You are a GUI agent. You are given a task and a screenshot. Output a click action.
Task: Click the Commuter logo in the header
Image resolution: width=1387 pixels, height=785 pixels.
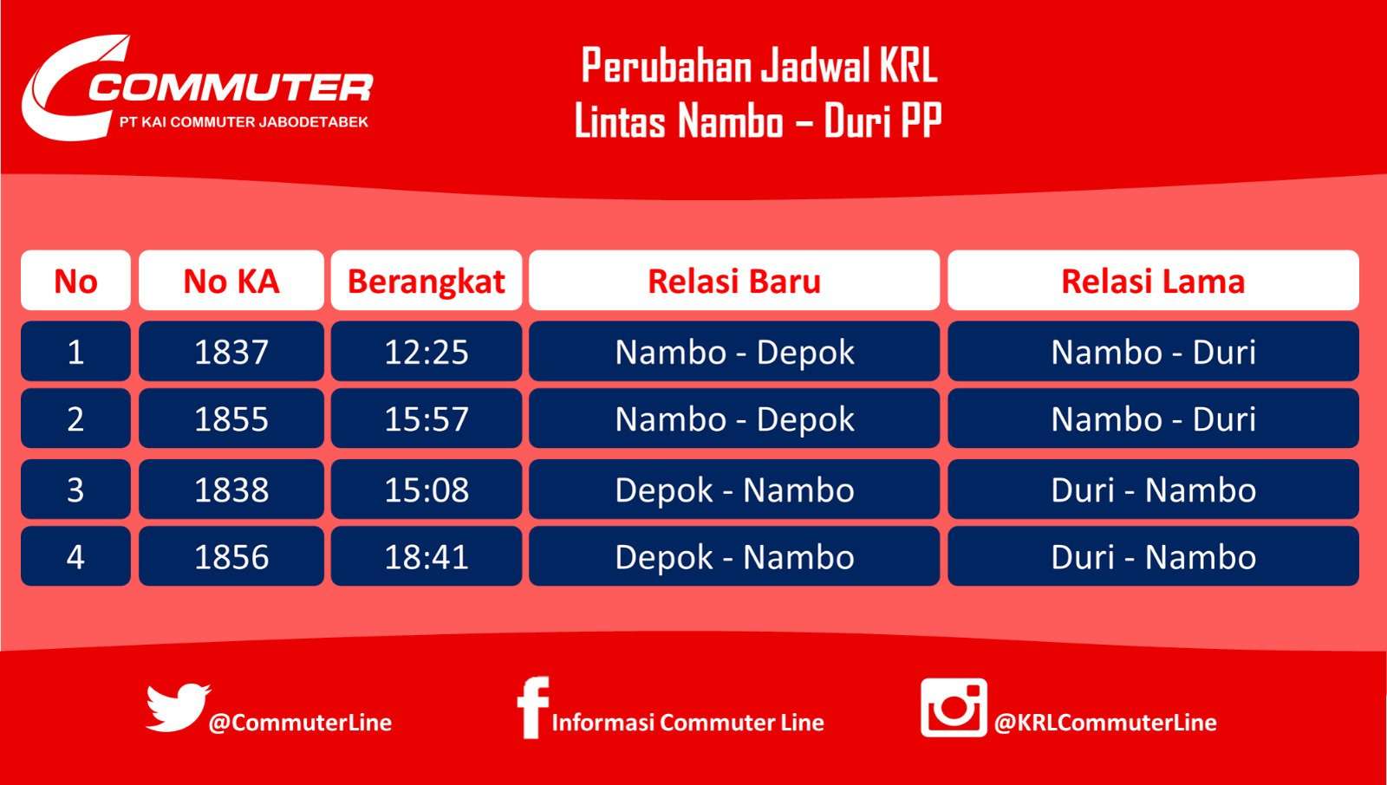point(198,88)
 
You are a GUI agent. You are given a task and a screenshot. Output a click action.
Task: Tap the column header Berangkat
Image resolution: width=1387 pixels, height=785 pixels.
point(426,281)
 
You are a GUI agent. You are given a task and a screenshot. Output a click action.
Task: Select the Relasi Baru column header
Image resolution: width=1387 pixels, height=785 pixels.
point(733,281)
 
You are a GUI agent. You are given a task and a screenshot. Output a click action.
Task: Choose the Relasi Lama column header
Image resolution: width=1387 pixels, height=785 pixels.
point(1152,281)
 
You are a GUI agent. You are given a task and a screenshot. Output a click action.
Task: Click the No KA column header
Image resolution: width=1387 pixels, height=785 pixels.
point(231,281)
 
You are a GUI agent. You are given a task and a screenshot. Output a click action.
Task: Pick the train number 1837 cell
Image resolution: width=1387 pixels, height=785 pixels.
point(231,352)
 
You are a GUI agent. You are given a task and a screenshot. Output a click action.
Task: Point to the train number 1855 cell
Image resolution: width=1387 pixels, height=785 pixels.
point(231,418)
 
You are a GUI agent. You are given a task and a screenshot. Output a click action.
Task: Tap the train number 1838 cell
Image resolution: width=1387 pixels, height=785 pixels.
point(231,490)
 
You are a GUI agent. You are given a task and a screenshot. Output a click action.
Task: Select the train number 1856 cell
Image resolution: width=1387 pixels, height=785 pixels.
point(231,556)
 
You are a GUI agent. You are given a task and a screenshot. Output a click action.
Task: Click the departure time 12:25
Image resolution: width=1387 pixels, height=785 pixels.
point(426,352)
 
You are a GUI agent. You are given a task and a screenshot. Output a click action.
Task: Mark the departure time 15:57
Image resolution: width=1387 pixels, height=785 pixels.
point(426,418)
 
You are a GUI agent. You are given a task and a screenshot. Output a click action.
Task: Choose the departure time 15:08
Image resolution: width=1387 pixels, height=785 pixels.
point(426,490)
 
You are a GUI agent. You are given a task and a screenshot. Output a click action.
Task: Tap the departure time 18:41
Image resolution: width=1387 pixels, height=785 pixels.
point(426,556)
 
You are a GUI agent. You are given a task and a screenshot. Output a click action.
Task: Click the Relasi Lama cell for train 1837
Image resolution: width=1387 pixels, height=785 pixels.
point(1152,352)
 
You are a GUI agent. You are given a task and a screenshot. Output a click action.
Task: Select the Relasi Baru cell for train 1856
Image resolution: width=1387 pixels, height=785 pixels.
point(733,556)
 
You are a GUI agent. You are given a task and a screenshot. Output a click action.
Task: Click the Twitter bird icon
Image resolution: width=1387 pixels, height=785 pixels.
point(178,707)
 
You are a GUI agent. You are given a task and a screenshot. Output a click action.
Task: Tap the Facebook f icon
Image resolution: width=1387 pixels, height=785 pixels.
point(532,707)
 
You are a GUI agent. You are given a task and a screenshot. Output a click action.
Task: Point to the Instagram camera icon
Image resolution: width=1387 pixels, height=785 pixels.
point(954,707)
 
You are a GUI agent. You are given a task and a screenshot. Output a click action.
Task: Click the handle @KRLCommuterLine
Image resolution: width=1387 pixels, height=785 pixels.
point(1105,723)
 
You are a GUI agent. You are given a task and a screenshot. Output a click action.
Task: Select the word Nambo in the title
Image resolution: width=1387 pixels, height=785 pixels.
point(730,121)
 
